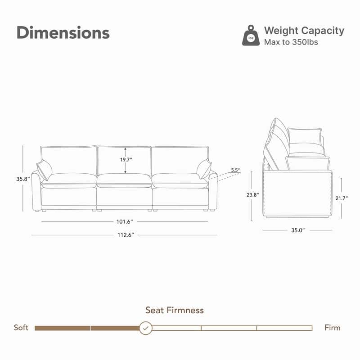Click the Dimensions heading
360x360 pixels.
pyautogui.click(x=63, y=33)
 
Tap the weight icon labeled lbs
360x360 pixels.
pyautogui.click(x=251, y=36)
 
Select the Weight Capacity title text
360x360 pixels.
pyautogui.click(x=304, y=31)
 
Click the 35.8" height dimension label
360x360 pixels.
pyautogui.click(x=22, y=179)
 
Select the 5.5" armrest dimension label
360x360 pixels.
pyautogui.click(x=235, y=170)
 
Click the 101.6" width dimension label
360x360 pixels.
pyautogui.click(x=124, y=221)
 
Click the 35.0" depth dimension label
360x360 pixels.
pyautogui.click(x=297, y=230)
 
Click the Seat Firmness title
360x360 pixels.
pyautogui.click(x=175, y=310)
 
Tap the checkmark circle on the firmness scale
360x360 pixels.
pyautogui.click(x=145, y=328)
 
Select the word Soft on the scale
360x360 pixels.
pyautogui.click(x=21, y=328)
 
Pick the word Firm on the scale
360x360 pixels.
pyautogui.click(x=333, y=328)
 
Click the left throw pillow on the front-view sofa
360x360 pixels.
pyautogui.click(x=44, y=170)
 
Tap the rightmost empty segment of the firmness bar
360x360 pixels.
pyautogui.click(x=284, y=328)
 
